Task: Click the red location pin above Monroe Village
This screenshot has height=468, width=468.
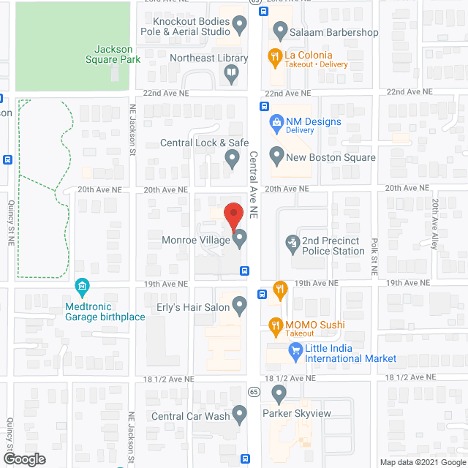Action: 233,214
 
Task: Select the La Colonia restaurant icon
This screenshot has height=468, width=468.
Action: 276,56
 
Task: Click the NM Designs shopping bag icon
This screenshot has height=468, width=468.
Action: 276,121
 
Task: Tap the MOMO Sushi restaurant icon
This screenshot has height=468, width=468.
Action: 276,324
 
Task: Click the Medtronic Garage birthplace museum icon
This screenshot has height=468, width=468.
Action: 82,284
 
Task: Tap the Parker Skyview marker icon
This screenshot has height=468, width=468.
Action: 277,395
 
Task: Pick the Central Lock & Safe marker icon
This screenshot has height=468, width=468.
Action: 233,156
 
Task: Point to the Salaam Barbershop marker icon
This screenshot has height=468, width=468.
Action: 279,31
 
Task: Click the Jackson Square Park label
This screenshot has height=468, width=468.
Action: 112,54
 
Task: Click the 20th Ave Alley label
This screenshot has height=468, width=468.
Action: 434,224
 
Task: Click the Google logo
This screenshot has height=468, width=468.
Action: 23,459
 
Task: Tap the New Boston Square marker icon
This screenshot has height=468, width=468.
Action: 276,156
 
